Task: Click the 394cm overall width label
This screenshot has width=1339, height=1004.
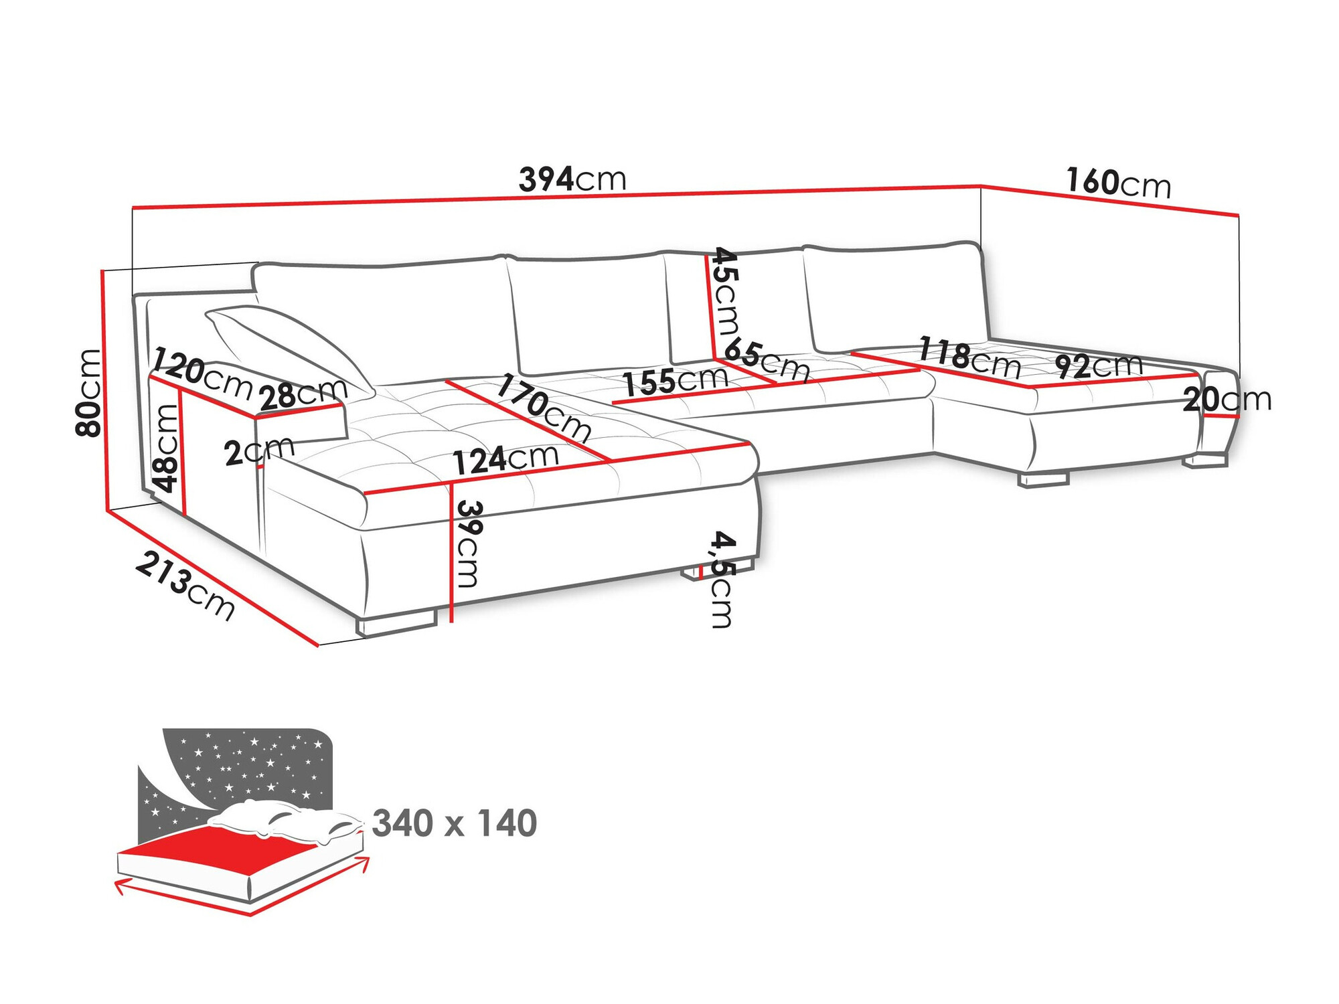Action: [572, 179]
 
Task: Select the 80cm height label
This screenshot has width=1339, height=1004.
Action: [89, 393]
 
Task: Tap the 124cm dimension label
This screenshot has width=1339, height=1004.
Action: [505, 460]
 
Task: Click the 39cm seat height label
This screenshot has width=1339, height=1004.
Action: [469, 543]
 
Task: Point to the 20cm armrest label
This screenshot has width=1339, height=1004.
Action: [1227, 400]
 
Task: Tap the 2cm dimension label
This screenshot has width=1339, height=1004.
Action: [259, 450]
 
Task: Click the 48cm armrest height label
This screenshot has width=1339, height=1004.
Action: [165, 448]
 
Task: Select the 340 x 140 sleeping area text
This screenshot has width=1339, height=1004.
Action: [454, 823]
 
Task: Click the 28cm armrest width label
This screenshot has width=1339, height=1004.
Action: [303, 394]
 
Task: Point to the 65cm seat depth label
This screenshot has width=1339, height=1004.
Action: [767, 360]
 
